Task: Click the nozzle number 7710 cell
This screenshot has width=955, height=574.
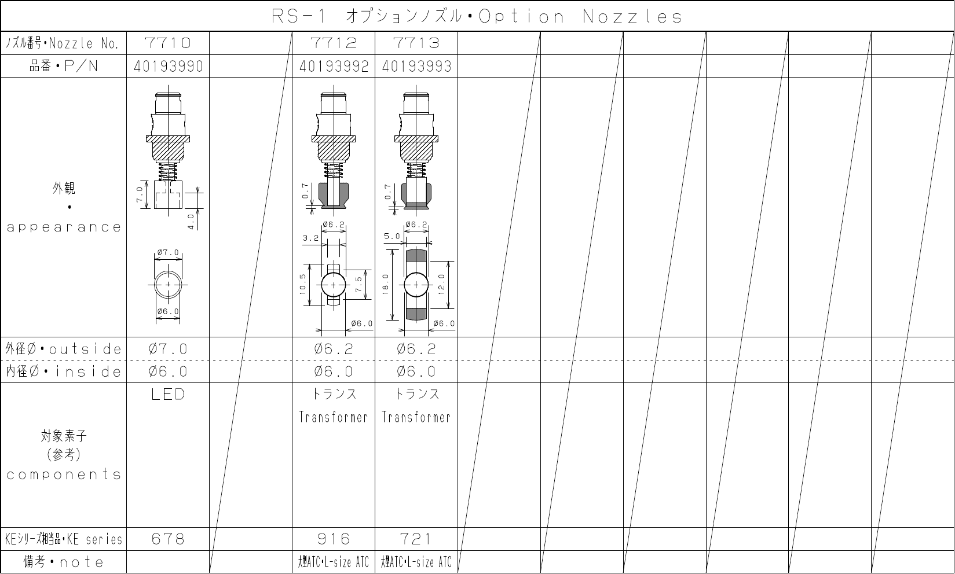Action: [x=168, y=43]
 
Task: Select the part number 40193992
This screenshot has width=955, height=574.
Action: [x=334, y=67]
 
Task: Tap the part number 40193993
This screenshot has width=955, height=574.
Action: [x=416, y=67]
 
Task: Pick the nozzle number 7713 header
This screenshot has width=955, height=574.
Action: [x=416, y=43]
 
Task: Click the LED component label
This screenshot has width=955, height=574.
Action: [x=168, y=394]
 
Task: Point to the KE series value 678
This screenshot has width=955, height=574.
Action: [x=168, y=539]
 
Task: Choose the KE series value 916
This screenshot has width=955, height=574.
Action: [x=334, y=539]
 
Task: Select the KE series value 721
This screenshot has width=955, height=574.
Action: [x=416, y=539]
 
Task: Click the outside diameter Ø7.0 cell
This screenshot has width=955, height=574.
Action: [x=168, y=349]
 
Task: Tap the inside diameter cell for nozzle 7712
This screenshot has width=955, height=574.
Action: [x=334, y=371]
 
